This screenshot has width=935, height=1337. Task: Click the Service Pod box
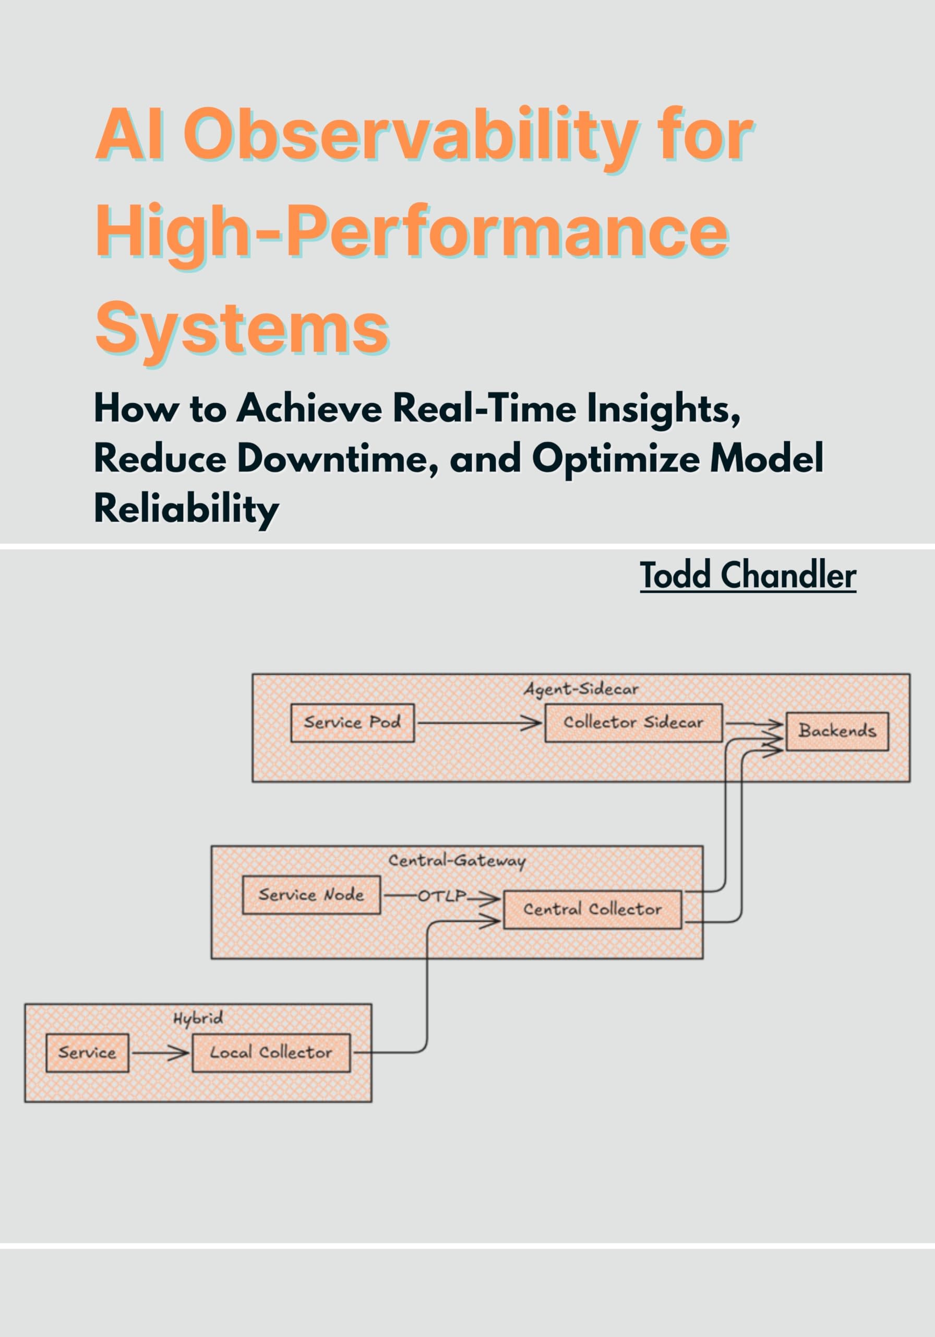(352, 723)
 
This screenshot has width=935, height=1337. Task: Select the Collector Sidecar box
(633, 723)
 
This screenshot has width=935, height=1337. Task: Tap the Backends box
(837, 731)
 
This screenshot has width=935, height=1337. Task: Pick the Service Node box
(311, 895)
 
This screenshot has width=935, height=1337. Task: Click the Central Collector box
(592, 909)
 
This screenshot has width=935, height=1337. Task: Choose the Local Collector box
(271, 1052)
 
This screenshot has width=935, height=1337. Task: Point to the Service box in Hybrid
(87, 1052)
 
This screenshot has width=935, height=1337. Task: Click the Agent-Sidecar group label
(581, 689)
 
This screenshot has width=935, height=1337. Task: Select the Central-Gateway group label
(457, 861)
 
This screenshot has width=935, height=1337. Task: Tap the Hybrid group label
(198, 1018)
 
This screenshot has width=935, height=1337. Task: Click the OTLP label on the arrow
(442, 896)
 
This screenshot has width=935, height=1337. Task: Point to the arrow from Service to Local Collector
(160, 1053)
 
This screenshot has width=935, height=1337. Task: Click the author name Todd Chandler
(748, 576)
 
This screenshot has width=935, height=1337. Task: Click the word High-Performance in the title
(412, 232)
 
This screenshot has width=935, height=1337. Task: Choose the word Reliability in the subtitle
(186, 508)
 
